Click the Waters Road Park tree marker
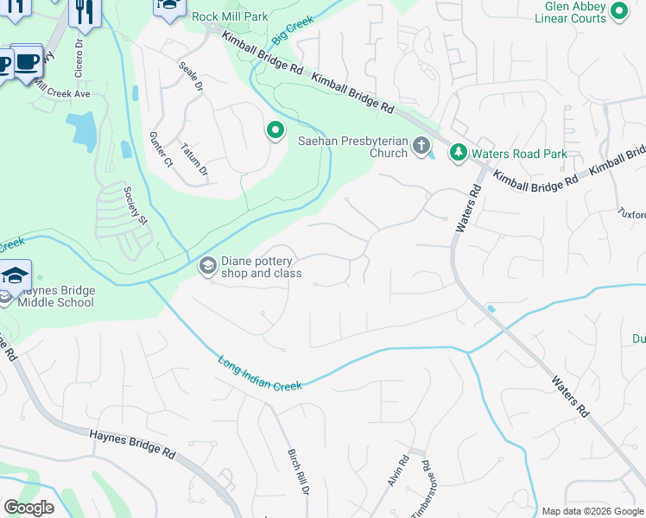click(x=458, y=153)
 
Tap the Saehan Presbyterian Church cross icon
click(x=421, y=146)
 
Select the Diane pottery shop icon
click(x=207, y=266)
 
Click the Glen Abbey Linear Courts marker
click(x=618, y=11)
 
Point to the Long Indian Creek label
click(x=260, y=373)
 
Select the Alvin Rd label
click(x=397, y=473)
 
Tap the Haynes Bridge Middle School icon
click(x=16, y=275)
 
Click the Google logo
click(x=29, y=508)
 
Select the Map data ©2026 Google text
click(x=592, y=511)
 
